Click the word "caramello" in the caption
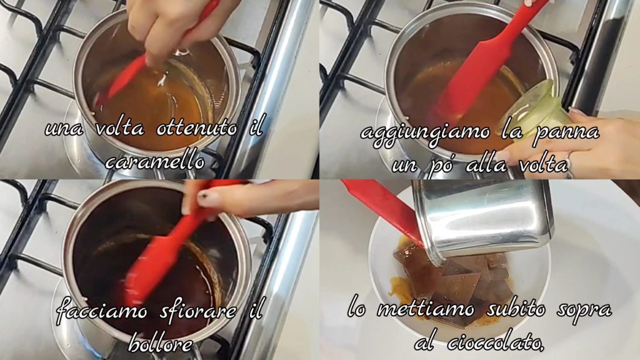point(155,161)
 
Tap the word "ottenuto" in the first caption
point(197,128)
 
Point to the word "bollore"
point(159,344)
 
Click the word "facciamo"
point(102,312)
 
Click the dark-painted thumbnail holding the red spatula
point(204,198)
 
